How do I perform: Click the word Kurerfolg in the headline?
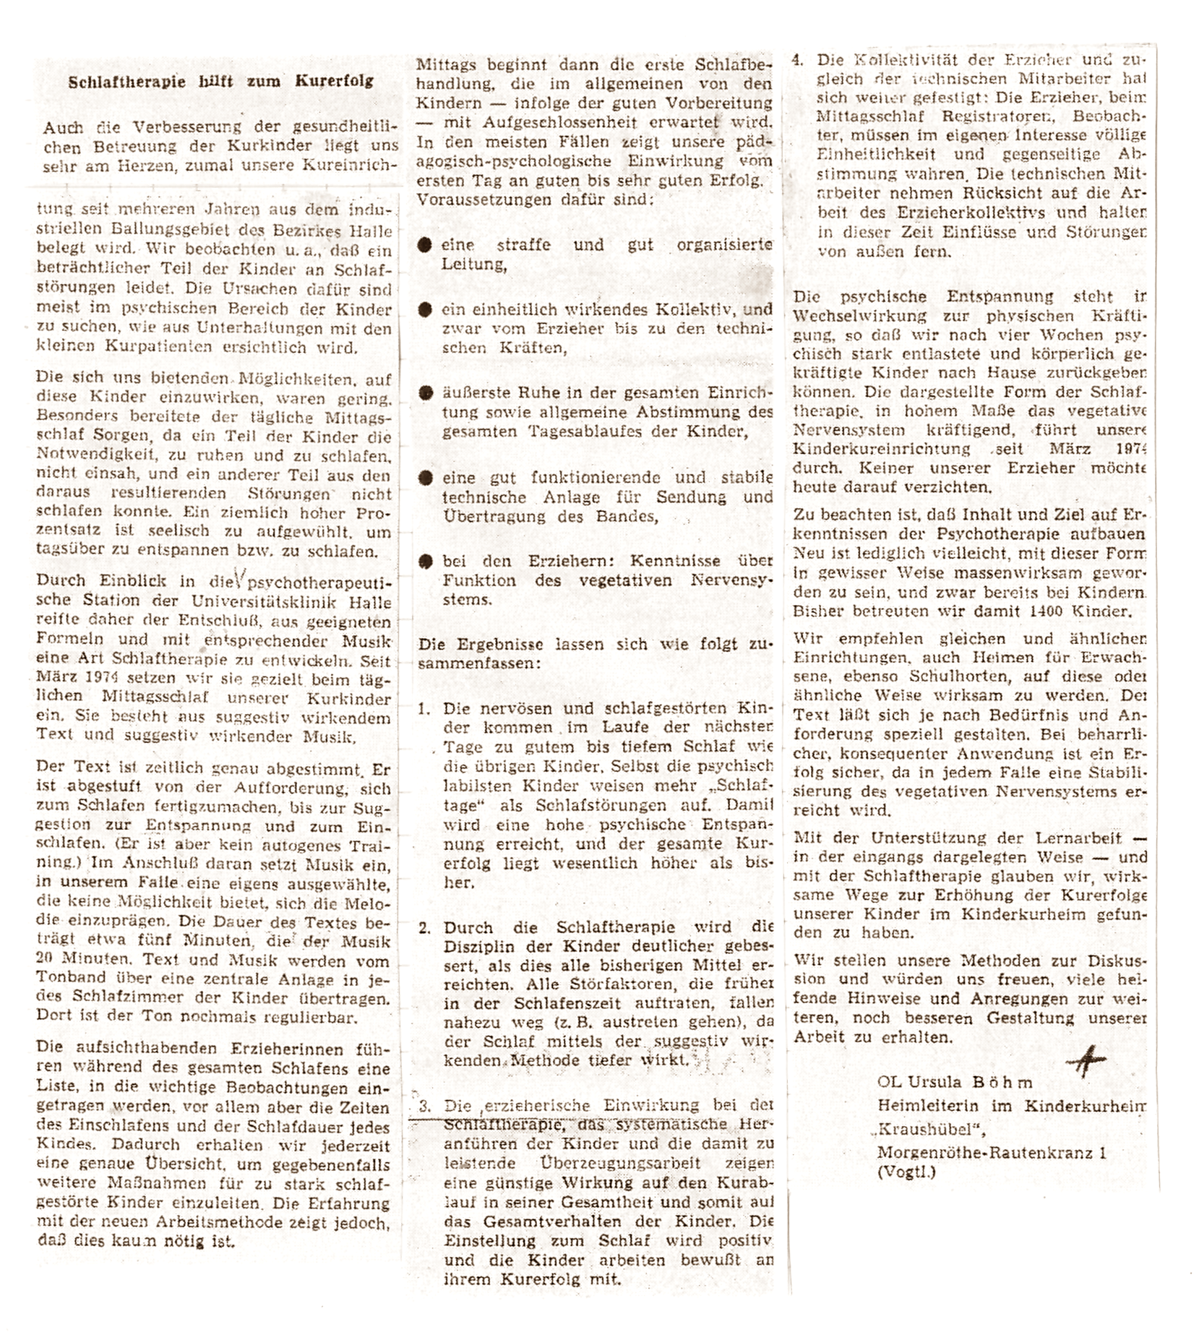click(334, 81)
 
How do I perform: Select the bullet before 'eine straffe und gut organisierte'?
click(425, 245)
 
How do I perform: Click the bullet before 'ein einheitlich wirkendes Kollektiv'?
click(425, 310)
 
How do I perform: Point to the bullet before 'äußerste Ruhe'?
click(425, 393)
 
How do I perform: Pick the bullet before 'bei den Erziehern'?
click(425, 561)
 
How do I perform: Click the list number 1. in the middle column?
click(424, 709)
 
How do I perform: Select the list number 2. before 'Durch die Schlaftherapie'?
click(424, 928)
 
